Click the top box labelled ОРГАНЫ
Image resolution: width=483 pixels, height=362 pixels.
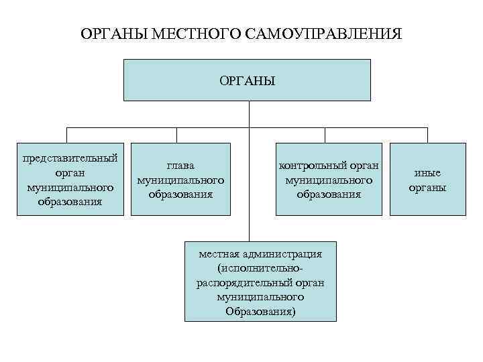pyautogui.click(x=248, y=80)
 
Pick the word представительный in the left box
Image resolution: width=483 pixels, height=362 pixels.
pyautogui.click(x=70, y=158)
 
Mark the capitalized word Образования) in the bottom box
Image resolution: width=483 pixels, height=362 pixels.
pyautogui.click(x=260, y=311)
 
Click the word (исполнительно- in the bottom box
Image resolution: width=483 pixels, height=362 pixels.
pyautogui.click(x=260, y=268)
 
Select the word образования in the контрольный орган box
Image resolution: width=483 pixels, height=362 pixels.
pyautogui.click(x=329, y=194)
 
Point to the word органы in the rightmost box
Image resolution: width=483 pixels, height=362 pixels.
pyautogui.click(x=427, y=187)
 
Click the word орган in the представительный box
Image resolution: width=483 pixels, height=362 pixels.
pyautogui.click(x=70, y=172)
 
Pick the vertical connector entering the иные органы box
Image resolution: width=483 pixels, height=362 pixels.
pyautogui.click(x=428, y=135)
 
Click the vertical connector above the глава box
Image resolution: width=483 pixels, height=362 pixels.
pyautogui.click(x=178, y=135)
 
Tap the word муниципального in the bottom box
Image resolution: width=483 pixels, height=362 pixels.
pyautogui.click(x=260, y=296)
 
